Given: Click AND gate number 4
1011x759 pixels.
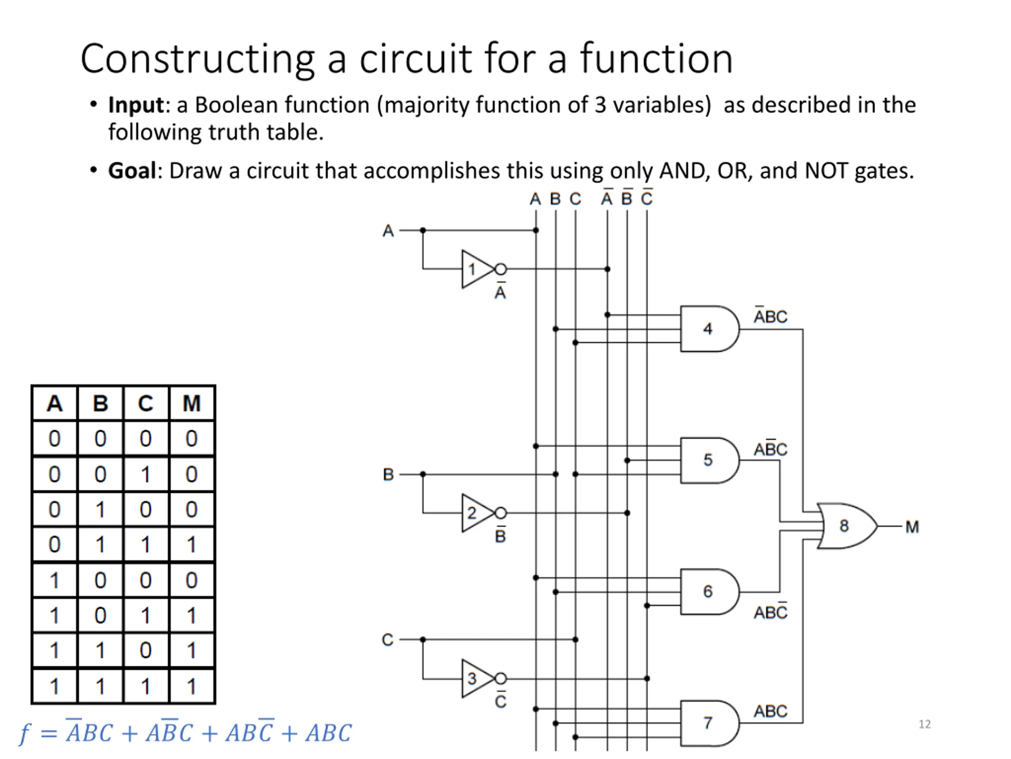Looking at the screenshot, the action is point(709,329).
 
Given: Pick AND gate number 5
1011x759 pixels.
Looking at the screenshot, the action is point(709,460).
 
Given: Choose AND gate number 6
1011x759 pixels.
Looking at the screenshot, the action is point(709,591).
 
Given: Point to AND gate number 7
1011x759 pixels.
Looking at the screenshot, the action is point(709,723).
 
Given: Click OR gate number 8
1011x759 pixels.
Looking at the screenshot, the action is point(846,526).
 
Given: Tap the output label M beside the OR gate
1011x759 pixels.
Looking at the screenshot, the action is point(912,527).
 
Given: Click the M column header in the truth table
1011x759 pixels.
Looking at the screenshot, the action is point(192,404).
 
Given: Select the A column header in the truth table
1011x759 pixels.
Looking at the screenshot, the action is point(54,404).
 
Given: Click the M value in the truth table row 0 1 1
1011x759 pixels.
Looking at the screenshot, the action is point(192,544).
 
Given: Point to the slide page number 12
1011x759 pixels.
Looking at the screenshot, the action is point(925,724).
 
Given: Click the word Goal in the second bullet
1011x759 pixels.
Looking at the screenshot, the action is point(132,171).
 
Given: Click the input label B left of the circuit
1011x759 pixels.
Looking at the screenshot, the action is point(388,474).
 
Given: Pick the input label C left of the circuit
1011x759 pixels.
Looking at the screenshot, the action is point(387,640).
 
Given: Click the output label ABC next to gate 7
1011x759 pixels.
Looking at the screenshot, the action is point(770,712).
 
